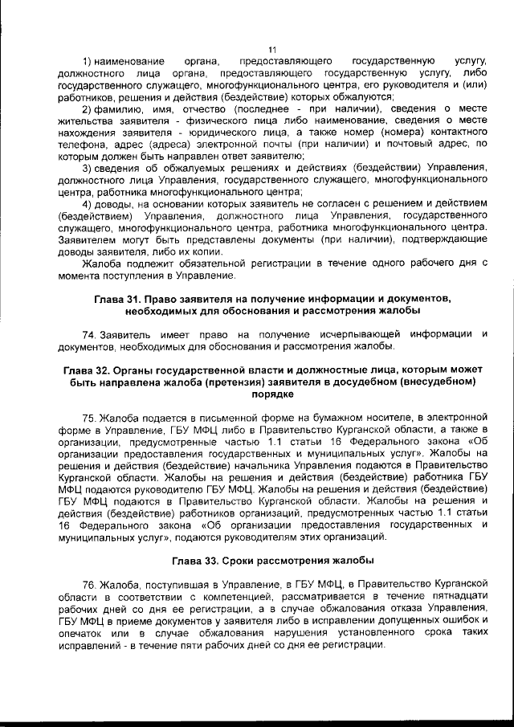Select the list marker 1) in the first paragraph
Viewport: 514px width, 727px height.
click(x=88, y=62)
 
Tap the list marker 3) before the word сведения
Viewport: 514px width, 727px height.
click(x=88, y=167)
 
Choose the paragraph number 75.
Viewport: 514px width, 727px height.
click(x=89, y=418)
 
